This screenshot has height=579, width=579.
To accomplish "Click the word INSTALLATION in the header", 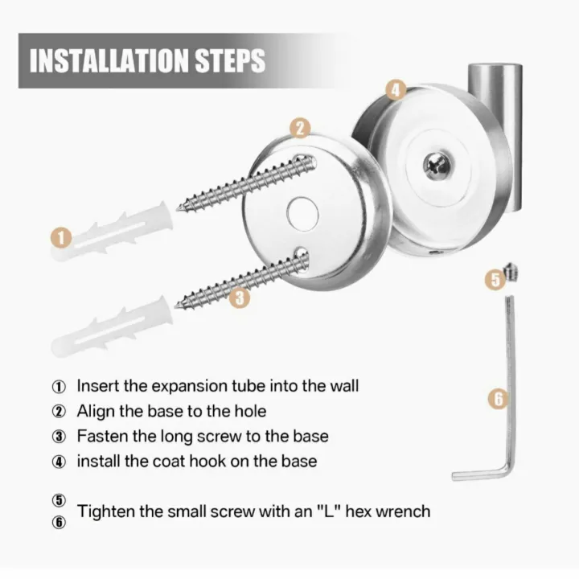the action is pyautogui.click(x=109, y=61).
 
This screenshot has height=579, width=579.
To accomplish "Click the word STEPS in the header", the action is pyautogui.click(x=230, y=61).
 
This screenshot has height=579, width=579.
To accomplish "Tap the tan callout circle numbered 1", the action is pyautogui.click(x=61, y=238).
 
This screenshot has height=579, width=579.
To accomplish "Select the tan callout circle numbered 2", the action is pyautogui.click(x=300, y=128).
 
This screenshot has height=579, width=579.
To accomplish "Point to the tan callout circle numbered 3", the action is pyautogui.click(x=240, y=298).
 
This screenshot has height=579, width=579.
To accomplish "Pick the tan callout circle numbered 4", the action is pyautogui.click(x=396, y=90).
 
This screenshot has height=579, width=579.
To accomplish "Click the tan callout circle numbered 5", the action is pyautogui.click(x=495, y=279).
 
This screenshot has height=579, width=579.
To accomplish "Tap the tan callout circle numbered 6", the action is pyautogui.click(x=499, y=399).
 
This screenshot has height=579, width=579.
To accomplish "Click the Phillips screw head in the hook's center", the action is pyautogui.click(x=437, y=164).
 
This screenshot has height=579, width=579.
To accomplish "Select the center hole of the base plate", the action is pyautogui.click(x=302, y=214).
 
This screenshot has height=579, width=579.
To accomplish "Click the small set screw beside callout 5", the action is pyautogui.click(x=511, y=272).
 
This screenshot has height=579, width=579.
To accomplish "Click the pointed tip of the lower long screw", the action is pyautogui.click(x=176, y=306).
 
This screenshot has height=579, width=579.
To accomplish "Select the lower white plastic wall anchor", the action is pyautogui.click(x=112, y=327).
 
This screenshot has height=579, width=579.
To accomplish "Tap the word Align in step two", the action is pyautogui.click(x=96, y=412).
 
